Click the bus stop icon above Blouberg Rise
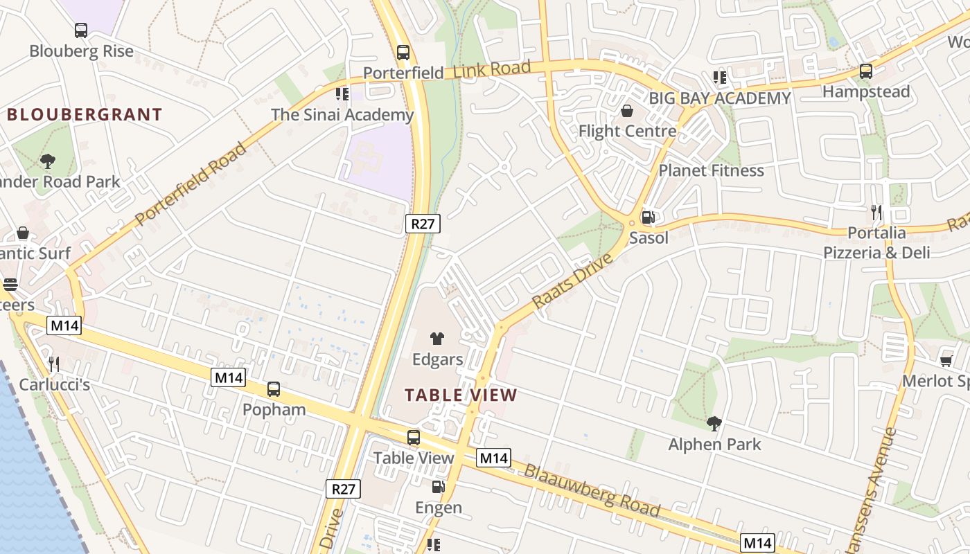(81, 30)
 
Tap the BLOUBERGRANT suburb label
(85, 115)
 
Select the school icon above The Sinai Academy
(342, 93)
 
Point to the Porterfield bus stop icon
(403, 53)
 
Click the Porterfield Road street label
(191, 185)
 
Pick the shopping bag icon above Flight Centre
(627, 111)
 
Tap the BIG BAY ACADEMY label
(720, 98)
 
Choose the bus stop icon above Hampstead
(866, 71)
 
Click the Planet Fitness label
(711, 170)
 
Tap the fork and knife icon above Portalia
(877, 212)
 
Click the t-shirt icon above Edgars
(437, 339)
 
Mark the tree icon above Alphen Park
(714, 423)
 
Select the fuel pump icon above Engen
(439, 487)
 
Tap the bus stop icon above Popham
(274, 389)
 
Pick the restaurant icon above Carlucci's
(54, 364)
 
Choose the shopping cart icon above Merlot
(946, 360)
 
